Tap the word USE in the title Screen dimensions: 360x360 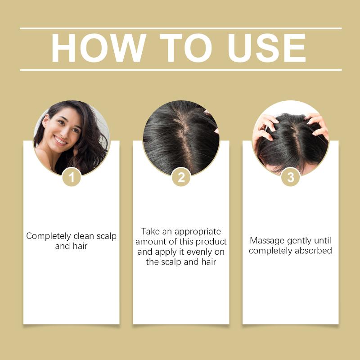[267, 48]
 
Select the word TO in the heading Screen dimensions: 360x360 [186, 48]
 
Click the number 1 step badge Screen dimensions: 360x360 [72, 177]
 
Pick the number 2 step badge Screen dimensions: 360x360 [181, 177]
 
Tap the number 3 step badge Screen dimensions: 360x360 [291, 177]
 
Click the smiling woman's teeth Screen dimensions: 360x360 [60, 140]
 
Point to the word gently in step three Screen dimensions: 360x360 [299, 241]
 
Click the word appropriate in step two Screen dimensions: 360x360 [198, 232]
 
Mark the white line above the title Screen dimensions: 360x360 [181, 28]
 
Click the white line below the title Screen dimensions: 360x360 [181, 70]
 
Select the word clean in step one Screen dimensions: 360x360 [84, 236]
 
